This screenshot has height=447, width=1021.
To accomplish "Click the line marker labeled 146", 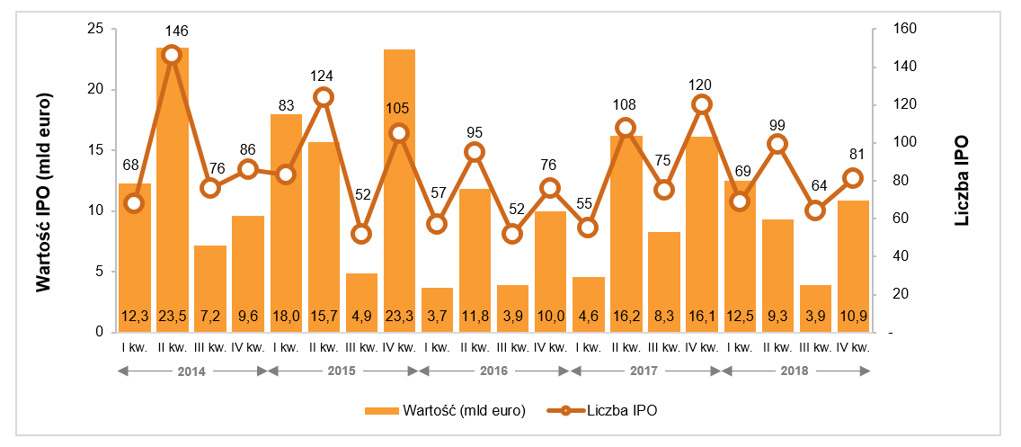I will point(172,55).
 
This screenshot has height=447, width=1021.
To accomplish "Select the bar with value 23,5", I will point(172,180).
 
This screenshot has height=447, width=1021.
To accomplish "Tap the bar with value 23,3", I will point(399,180).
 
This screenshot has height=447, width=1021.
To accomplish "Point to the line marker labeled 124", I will point(324,97).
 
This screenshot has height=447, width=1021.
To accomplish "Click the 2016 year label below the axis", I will point(493,370).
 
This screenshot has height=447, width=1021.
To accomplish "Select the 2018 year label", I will point(795,370).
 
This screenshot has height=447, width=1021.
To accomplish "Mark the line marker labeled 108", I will point(626,128).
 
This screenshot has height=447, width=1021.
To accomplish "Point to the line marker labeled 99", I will point(777,144).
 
